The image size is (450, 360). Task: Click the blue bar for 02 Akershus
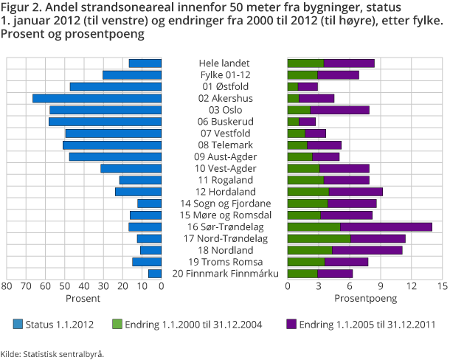point(97,98)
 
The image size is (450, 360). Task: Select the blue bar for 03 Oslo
point(105,110)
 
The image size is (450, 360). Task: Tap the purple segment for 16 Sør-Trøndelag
point(386,226)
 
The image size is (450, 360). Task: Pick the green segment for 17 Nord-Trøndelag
point(319,238)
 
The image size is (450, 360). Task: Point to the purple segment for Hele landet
point(349,63)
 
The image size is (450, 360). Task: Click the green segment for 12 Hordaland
point(308,192)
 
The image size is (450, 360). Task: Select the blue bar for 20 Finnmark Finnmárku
point(155,274)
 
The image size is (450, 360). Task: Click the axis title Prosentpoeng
point(365,299)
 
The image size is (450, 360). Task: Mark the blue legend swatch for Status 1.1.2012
point(18,324)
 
